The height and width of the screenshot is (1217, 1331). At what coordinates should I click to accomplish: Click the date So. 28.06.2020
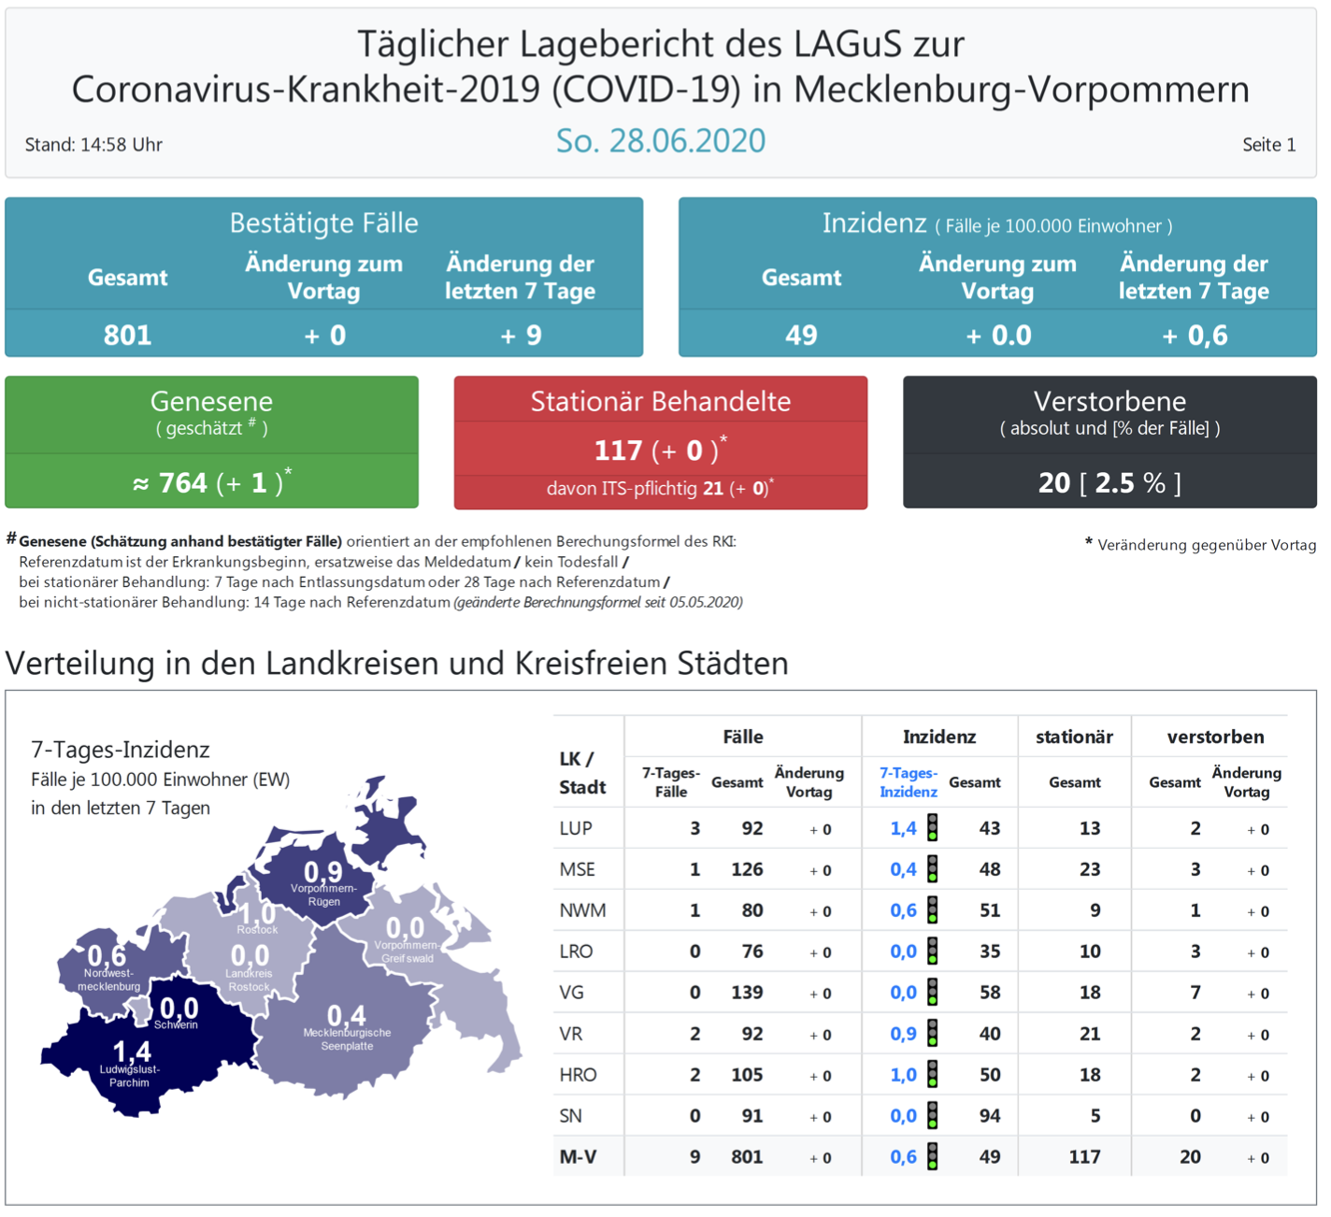pos(660,141)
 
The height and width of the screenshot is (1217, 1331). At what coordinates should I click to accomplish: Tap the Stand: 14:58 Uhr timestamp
pos(93,145)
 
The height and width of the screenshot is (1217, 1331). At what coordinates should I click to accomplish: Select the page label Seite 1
pos(1267,145)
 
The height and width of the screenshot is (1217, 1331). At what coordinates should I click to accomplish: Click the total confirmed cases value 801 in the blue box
pos(128,335)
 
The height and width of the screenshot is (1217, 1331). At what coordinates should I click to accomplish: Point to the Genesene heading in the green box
pos(211,402)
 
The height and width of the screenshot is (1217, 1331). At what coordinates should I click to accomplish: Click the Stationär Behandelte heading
pos(660,402)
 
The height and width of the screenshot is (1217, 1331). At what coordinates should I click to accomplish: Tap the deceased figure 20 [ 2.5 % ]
pos(1109,482)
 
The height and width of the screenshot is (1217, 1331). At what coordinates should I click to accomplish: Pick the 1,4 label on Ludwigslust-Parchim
pos(131,1052)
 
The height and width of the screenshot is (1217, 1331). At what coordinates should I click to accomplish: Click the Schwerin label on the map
pos(176,1025)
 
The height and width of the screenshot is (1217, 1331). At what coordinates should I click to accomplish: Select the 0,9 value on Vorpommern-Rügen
pos(322,872)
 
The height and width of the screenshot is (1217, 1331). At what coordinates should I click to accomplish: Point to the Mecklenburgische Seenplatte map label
pos(347,1039)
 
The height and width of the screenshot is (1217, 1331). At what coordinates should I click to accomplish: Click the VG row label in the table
pos(572,993)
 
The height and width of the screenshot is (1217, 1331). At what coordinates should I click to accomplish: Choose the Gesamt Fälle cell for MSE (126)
pos(747,869)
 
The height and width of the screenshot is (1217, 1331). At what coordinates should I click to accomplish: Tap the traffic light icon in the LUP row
pos(932,828)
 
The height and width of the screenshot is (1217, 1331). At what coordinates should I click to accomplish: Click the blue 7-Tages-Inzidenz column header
pos(908,782)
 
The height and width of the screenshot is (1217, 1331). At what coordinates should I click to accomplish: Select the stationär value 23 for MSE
pos(1089,869)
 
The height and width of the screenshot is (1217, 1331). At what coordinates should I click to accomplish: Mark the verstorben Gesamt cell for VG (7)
pos(1195,993)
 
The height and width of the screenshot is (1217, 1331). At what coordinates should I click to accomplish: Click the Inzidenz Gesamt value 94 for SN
pos(989,1116)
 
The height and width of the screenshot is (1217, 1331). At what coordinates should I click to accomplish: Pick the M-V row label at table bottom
pos(578,1157)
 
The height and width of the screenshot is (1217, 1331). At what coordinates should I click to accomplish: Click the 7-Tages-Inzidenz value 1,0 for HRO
pos(903,1075)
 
